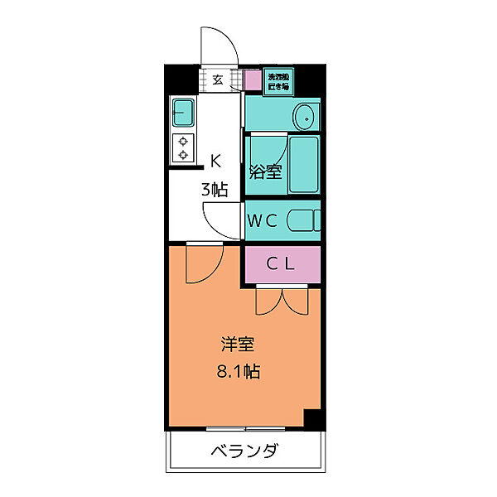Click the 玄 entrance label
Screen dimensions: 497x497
click(x=218, y=80)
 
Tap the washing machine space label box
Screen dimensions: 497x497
click(x=278, y=81)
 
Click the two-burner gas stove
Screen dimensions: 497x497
click(x=183, y=147)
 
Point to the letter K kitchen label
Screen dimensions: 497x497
click(x=215, y=161)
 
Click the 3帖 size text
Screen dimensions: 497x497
click(x=215, y=189)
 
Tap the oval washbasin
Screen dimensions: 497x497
click(x=305, y=116)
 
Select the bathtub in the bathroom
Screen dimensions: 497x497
click(x=303, y=164)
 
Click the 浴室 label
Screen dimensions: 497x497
click(x=266, y=172)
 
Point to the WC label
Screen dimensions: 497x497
click(x=264, y=220)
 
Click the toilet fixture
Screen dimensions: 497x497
click(x=304, y=221)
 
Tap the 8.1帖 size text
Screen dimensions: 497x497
click(x=238, y=371)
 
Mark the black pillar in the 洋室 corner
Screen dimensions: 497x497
click(x=311, y=420)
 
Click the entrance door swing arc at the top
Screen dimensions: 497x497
click(x=220, y=46)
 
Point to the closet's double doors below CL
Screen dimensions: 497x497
click(x=282, y=300)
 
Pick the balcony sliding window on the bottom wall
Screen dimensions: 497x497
click(x=246, y=429)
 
